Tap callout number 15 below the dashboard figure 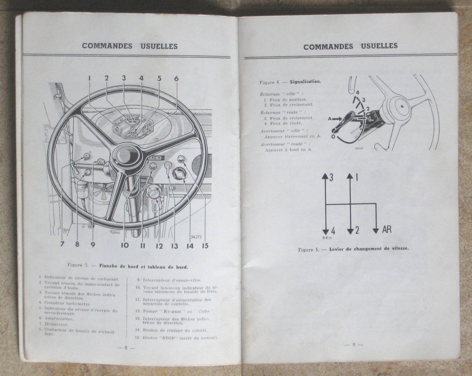pos(204,246)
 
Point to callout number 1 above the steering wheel pos(90,78)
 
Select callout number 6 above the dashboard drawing pos(176,78)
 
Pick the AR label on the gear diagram pos(387,229)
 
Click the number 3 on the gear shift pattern pos(331,178)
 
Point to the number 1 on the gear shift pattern pos(356,178)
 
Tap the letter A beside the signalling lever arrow pos(330,118)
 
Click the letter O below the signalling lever pos(333,137)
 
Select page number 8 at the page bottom pos(126,348)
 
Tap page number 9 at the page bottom pos(353,345)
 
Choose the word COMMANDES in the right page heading pos(328,47)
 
